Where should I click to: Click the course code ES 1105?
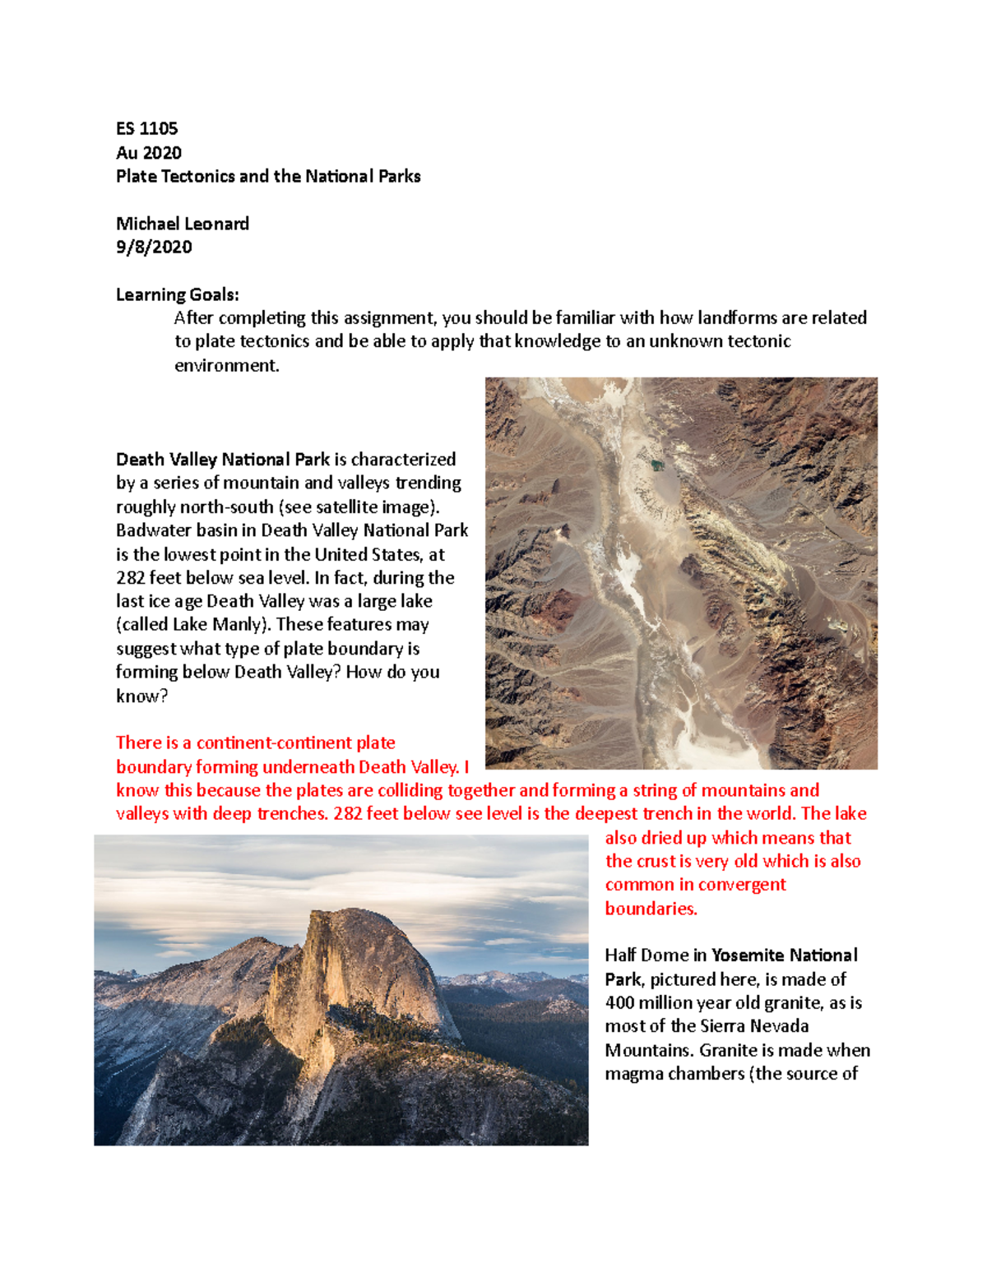[146, 128]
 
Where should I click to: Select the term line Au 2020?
[148, 152]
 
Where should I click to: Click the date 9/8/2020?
[154, 247]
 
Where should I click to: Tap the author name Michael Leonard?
[182, 224]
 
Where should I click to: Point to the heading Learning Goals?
[177, 294]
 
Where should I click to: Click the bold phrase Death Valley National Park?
[222, 459]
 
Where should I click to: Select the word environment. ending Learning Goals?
[226, 365]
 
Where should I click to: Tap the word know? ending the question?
[141, 696]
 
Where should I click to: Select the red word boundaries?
[651, 909]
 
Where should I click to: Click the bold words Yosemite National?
[784, 955]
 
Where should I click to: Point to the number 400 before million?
[619, 1002]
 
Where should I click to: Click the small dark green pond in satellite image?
[657, 465]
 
